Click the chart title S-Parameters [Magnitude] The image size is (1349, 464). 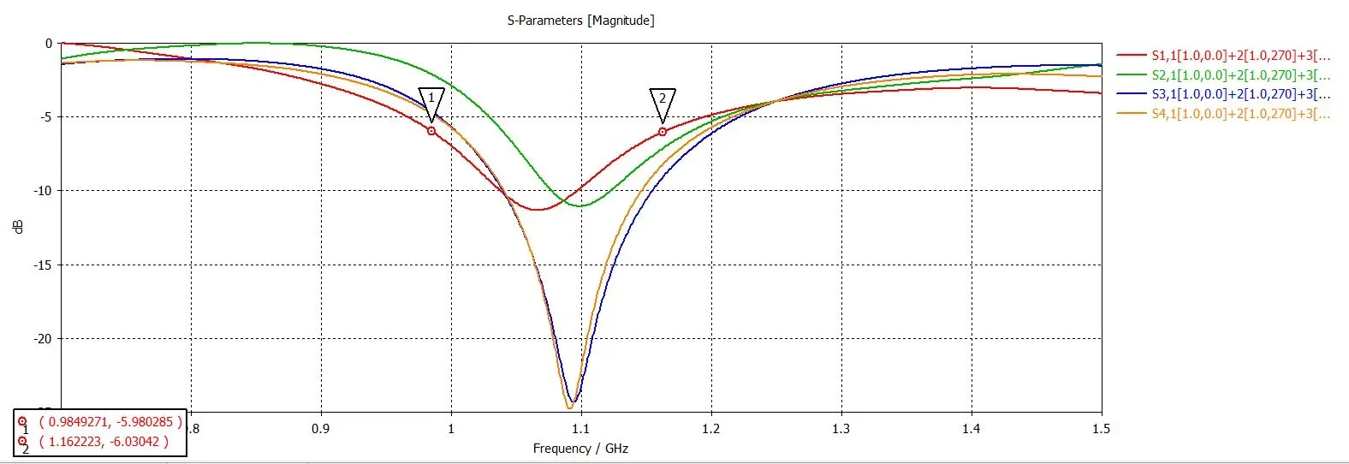pyautogui.click(x=580, y=21)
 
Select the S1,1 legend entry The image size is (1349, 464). pyautogui.click(x=1240, y=56)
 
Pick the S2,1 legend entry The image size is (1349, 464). pyautogui.click(x=1240, y=75)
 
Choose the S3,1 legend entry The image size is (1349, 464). pyautogui.click(x=1240, y=94)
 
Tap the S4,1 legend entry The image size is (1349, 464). pyautogui.click(x=1240, y=114)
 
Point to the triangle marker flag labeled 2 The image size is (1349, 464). pyautogui.click(x=663, y=99)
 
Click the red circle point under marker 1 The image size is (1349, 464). pyautogui.click(x=431, y=131)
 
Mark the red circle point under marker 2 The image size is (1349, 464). pyautogui.click(x=663, y=132)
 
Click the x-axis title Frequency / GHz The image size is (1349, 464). pyautogui.click(x=580, y=449)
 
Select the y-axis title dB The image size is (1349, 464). pyautogui.click(x=18, y=227)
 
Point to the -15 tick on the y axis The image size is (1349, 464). pyautogui.click(x=43, y=265)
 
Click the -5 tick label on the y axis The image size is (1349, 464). pyautogui.click(x=46, y=117)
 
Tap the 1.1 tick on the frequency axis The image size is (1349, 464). pyautogui.click(x=581, y=429)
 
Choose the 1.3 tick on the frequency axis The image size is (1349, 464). pyautogui.click(x=841, y=429)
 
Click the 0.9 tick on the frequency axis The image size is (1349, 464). pyautogui.click(x=321, y=429)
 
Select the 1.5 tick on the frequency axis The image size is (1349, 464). pyautogui.click(x=1102, y=429)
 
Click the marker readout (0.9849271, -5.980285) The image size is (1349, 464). pyautogui.click(x=110, y=422)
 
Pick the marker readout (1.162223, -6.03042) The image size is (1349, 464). pyautogui.click(x=104, y=442)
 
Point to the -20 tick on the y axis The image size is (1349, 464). pyautogui.click(x=43, y=339)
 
